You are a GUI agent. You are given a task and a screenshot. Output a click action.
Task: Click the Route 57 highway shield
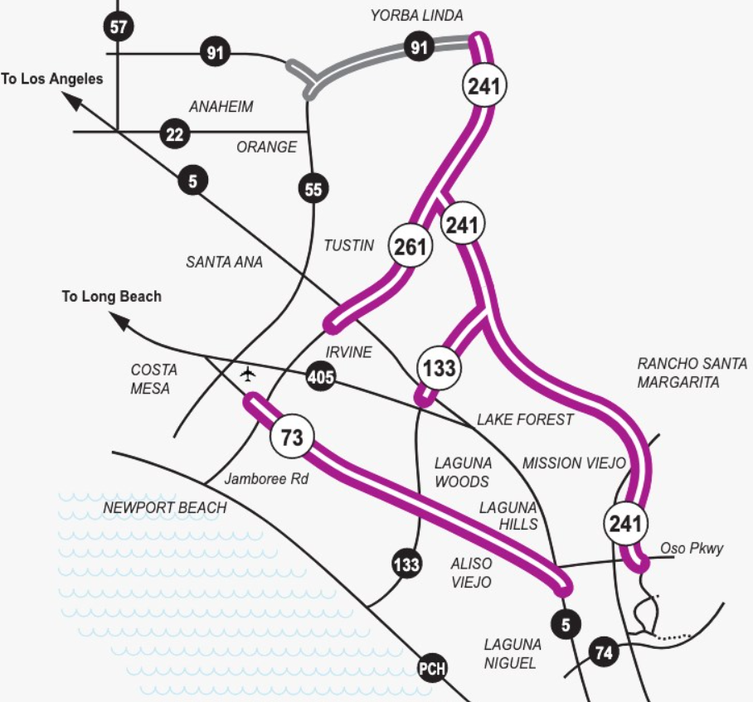(x=119, y=27)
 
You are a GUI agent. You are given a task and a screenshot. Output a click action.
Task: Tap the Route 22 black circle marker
(x=174, y=134)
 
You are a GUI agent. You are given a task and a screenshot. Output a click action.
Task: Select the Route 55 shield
(x=313, y=189)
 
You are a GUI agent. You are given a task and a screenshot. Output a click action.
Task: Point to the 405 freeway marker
(x=321, y=376)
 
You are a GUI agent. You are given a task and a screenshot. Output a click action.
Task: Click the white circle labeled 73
(x=292, y=437)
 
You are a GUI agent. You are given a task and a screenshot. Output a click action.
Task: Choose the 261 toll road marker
(x=411, y=246)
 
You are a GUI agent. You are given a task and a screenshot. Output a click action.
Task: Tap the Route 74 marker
(x=604, y=651)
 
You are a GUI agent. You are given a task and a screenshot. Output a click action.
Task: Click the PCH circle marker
(x=432, y=668)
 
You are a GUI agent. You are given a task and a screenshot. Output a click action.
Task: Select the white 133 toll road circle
(x=439, y=368)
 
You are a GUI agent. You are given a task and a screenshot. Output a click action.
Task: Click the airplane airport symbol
(x=247, y=374)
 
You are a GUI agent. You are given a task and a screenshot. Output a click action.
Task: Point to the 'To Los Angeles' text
(x=52, y=79)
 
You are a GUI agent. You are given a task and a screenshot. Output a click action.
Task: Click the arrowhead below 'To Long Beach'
(x=119, y=321)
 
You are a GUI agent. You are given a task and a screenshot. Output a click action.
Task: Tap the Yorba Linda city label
(x=417, y=16)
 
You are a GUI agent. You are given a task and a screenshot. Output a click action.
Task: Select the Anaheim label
(x=221, y=106)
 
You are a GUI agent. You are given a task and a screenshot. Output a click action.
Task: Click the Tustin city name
(x=348, y=245)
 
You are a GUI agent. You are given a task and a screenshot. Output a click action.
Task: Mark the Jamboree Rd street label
(x=266, y=478)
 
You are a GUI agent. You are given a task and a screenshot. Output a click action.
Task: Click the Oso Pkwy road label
(x=692, y=548)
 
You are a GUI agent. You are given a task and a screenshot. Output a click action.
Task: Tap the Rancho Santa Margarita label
(x=692, y=373)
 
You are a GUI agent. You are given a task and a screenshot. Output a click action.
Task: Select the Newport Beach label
(x=165, y=507)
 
